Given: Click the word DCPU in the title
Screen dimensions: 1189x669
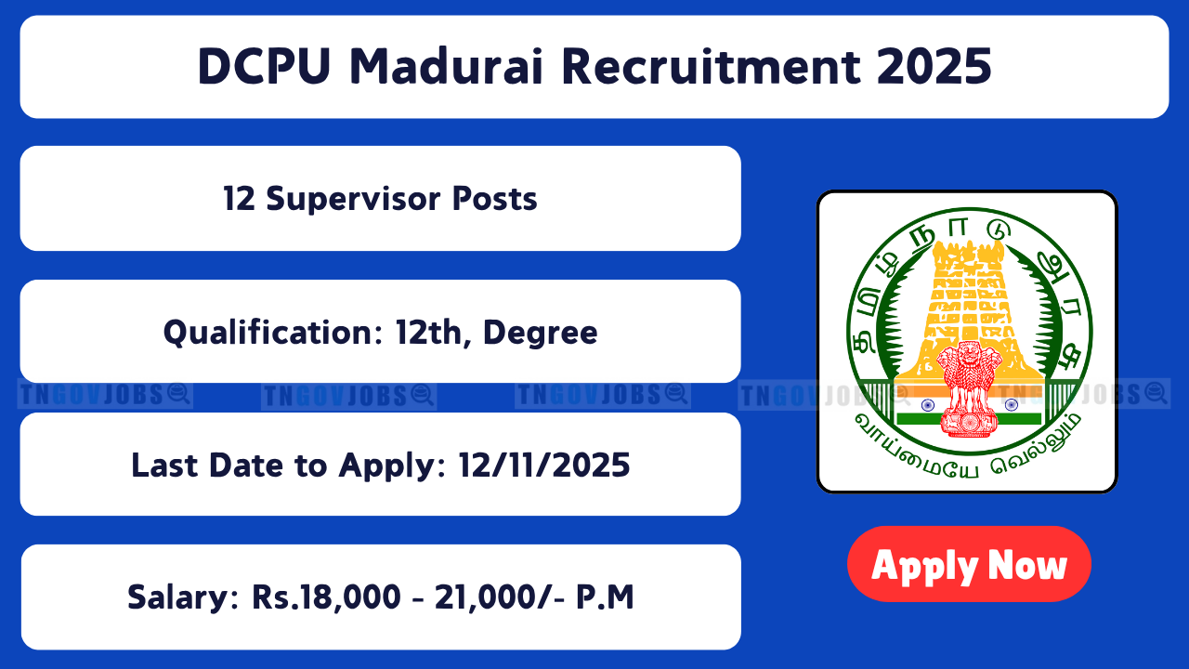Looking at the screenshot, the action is point(265,67).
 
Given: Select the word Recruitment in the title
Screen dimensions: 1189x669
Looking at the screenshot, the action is point(712,67).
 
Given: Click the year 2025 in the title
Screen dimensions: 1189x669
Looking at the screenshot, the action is point(934,67).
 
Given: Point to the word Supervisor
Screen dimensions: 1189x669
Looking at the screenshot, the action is point(354,200).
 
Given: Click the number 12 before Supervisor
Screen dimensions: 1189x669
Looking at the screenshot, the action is point(239,199).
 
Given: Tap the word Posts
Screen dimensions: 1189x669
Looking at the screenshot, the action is point(495,199).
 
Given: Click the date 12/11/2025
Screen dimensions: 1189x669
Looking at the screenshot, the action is point(544,466).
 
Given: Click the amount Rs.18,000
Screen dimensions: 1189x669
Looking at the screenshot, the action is point(326,597).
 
